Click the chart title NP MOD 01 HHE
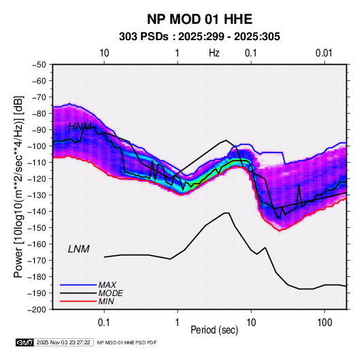(199, 19)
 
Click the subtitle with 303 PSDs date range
(199, 37)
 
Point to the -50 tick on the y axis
(39, 65)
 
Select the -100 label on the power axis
(37, 146)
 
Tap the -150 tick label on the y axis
(37, 227)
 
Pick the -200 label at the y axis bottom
(37, 310)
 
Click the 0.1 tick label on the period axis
(104, 323)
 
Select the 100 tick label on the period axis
(325, 323)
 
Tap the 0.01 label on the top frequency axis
(324, 53)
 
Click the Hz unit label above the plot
(214, 53)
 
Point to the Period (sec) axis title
(214, 330)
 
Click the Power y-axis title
(18, 186)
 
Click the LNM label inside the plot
(79, 249)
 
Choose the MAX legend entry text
(107, 284)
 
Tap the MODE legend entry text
(110, 293)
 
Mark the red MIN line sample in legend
(78, 301)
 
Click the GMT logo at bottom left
(25, 342)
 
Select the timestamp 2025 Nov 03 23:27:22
(63, 342)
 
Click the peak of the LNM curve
(227, 213)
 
